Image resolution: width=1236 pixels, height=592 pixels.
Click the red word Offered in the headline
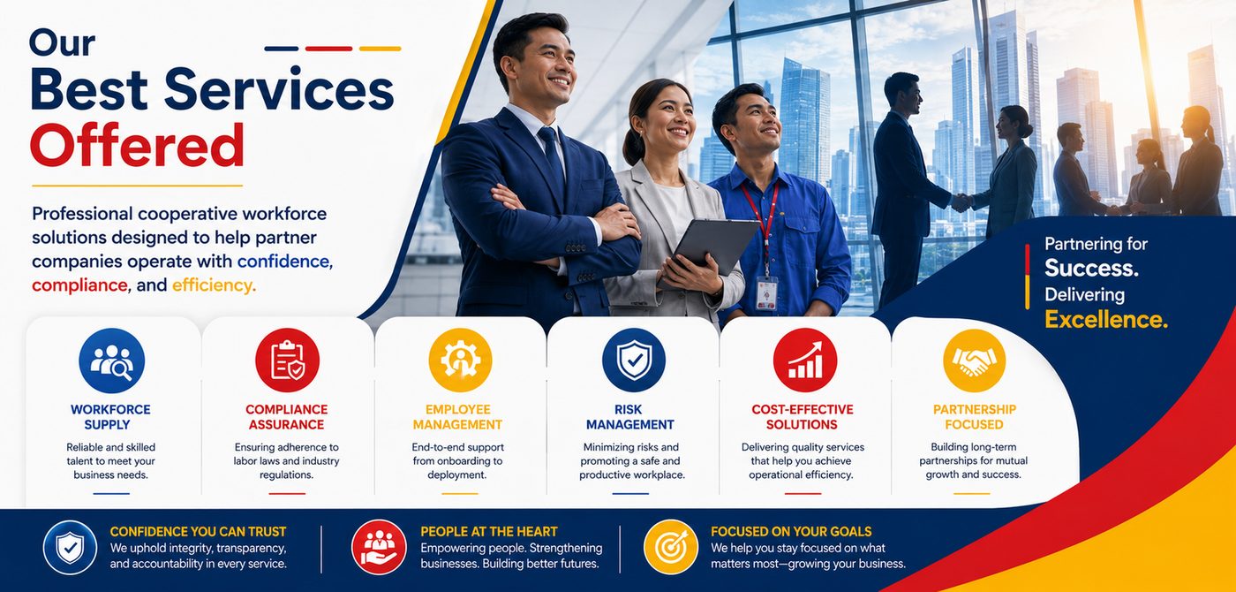pyautogui.click(x=137, y=145)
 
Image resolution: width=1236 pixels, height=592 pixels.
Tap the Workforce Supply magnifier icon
pyautogui.click(x=111, y=361)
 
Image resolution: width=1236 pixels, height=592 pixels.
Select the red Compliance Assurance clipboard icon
pyautogui.click(x=287, y=361)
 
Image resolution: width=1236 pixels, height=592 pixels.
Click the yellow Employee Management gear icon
pyautogui.click(x=460, y=361)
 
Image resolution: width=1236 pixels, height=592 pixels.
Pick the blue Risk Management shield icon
pyautogui.click(x=634, y=361)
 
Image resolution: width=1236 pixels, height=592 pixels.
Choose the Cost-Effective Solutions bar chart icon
pyautogui.click(x=805, y=361)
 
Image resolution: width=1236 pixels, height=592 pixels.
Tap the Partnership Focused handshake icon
pyautogui.click(x=974, y=361)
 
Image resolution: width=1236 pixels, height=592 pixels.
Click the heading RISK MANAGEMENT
pyautogui.click(x=629, y=417)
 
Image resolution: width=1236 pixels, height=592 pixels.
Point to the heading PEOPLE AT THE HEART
pyautogui.click(x=489, y=531)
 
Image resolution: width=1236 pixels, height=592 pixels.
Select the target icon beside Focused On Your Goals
pyautogui.click(x=670, y=547)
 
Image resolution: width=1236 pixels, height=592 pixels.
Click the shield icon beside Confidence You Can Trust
pyautogui.click(x=70, y=547)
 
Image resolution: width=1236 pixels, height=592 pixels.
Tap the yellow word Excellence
pyautogui.click(x=1105, y=319)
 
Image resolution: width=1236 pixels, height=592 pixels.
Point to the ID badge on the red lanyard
pyautogui.click(x=766, y=293)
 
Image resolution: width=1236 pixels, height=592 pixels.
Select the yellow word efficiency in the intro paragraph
pyautogui.click(x=214, y=285)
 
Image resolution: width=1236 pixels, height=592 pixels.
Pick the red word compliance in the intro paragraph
pyautogui.click(x=80, y=285)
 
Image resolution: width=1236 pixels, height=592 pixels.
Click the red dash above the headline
pyautogui.click(x=328, y=49)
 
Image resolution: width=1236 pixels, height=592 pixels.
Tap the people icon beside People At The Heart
pyautogui.click(x=379, y=547)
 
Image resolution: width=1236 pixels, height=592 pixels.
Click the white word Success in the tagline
pyautogui.click(x=1091, y=269)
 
